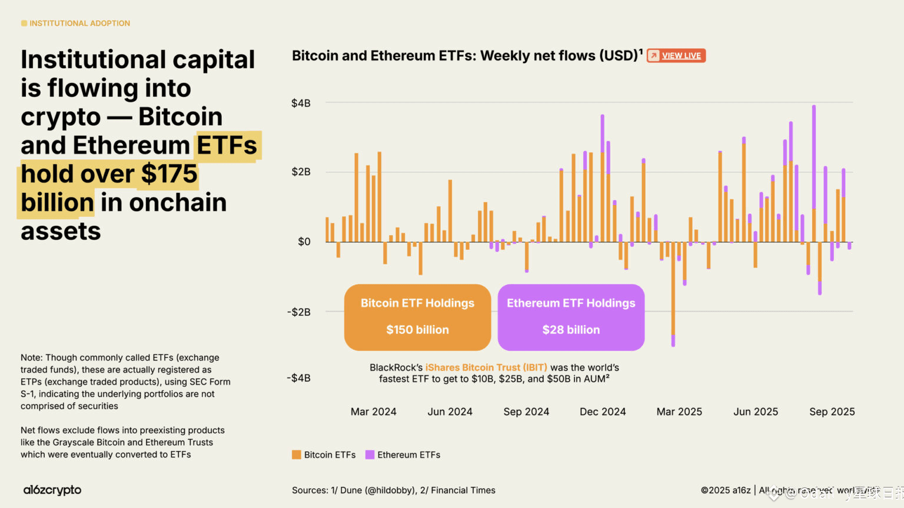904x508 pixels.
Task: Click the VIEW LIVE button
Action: [x=676, y=56]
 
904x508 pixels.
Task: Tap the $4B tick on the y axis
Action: [x=301, y=103]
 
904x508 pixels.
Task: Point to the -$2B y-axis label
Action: [x=298, y=312]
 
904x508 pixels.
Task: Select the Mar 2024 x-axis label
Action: [x=373, y=412]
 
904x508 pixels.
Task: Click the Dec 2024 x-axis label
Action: [x=603, y=412]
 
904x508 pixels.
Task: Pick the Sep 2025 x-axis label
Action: [x=832, y=412]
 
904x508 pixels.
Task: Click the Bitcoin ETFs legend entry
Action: [x=324, y=454]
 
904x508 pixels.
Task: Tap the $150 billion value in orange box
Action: [x=417, y=330]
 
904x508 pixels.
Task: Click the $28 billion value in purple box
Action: [x=571, y=330]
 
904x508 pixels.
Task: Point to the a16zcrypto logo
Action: [x=52, y=490]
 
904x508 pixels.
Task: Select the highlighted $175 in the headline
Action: [x=169, y=174]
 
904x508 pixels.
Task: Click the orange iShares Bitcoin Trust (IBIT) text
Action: [x=486, y=367]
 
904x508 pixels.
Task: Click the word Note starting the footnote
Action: [x=31, y=357]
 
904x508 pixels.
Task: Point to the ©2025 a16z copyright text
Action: [x=726, y=490]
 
